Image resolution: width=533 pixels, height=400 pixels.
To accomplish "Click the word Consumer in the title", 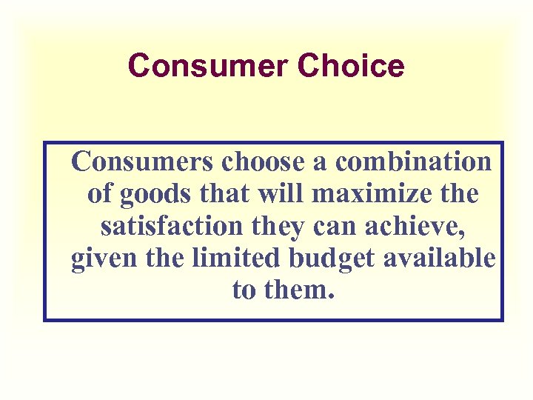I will tap(208, 66).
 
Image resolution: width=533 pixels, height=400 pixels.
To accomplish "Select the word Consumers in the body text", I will tap(135, 161).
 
